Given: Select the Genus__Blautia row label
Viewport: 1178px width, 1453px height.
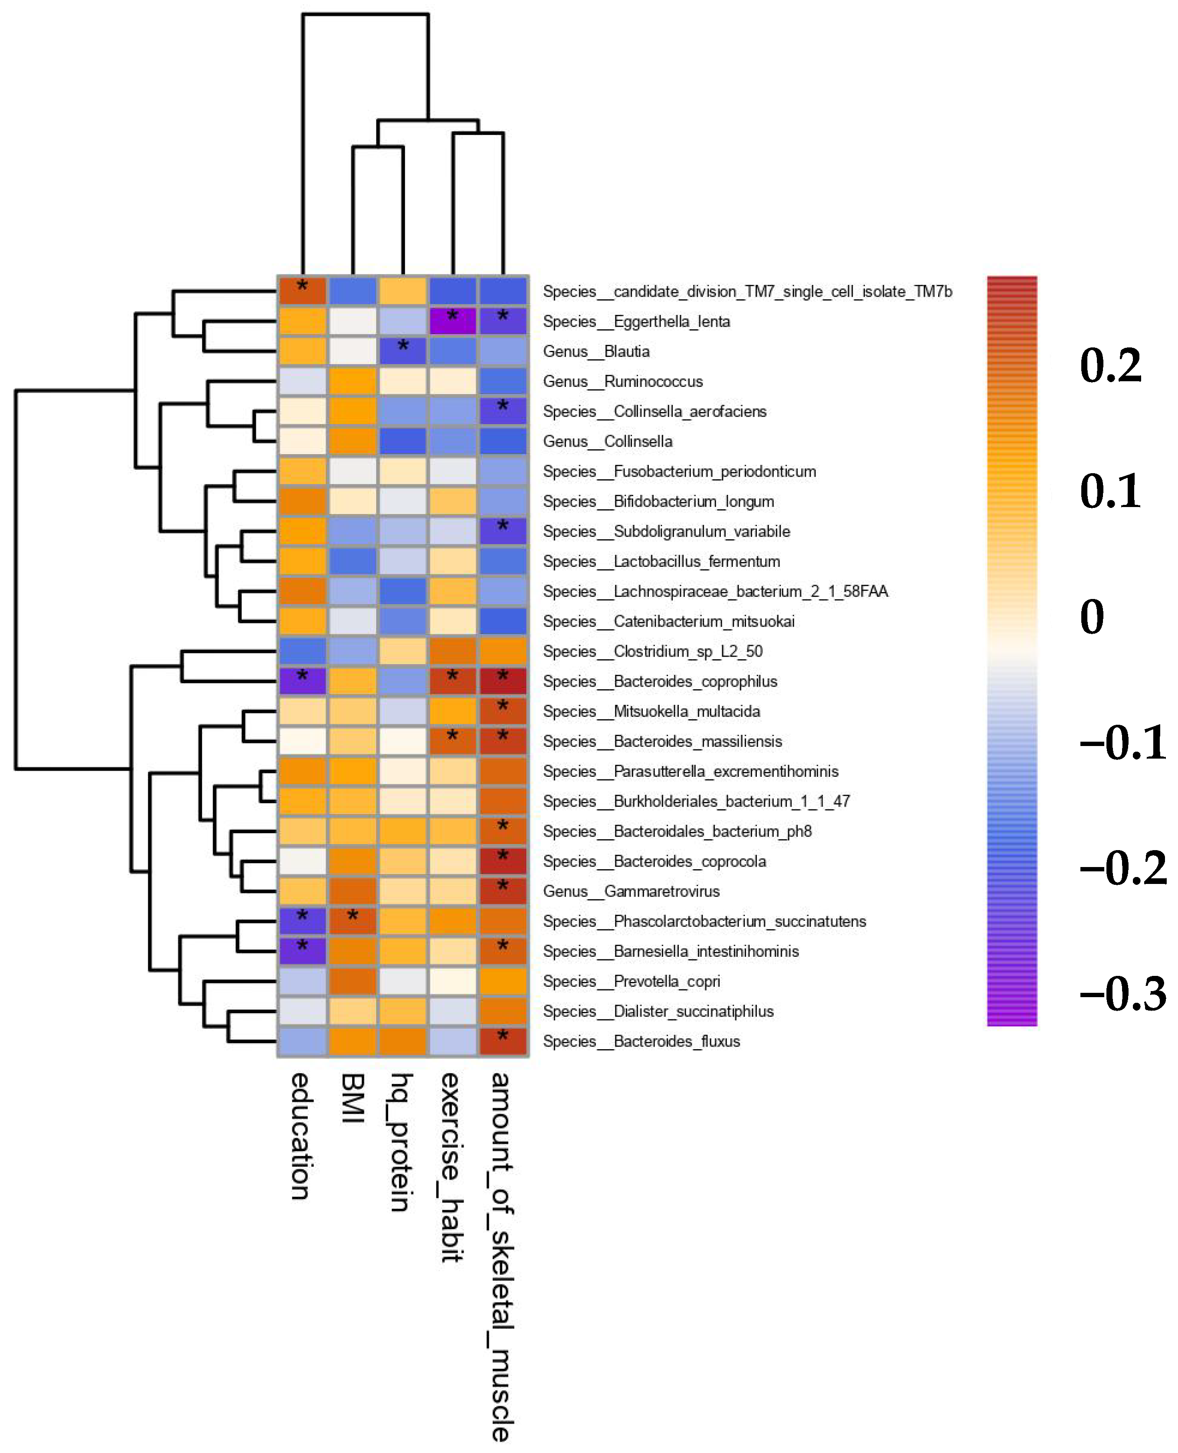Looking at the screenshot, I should tap(596, 352).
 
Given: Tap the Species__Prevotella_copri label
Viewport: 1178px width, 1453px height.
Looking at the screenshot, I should tap(631, 982).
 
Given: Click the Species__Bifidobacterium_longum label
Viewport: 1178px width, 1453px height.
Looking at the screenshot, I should tap(658, 501).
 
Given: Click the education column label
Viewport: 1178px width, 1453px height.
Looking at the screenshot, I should tap(301, 1137).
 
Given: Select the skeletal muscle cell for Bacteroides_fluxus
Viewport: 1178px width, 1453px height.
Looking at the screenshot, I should tap(503, 1041).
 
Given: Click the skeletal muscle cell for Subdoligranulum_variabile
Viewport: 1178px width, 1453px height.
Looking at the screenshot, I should tap(503, 531).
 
